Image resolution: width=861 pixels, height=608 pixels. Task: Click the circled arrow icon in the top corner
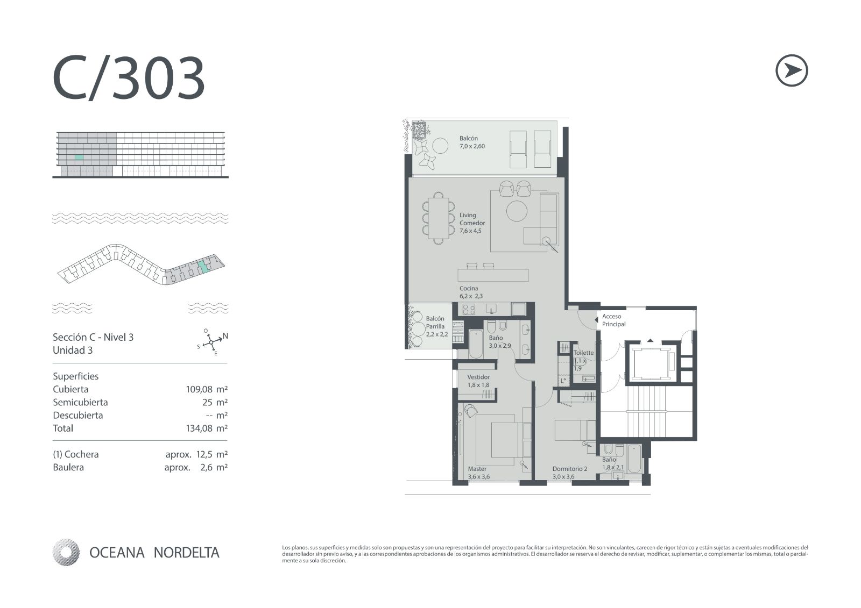click(792, 70)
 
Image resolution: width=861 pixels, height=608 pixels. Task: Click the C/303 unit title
click(129, 77)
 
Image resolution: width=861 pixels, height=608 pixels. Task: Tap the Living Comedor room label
click(472, 223)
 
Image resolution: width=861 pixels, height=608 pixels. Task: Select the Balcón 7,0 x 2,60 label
click(472, 142)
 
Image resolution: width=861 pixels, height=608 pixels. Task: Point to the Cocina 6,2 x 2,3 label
click(471, 292)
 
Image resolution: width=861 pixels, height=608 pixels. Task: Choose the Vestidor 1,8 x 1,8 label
click(478, 381)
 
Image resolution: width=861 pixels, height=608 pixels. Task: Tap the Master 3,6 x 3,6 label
click(478, 473)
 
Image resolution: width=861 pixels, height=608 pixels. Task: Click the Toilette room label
click(583, 353)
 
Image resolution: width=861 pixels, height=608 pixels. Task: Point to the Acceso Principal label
click(613, 320)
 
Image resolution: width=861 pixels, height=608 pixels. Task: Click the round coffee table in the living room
click(517, 211)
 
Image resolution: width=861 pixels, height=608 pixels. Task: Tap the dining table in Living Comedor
click(438, 218)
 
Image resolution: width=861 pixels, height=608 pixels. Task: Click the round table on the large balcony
click(440, 146)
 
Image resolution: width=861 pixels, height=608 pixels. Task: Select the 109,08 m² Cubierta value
click(207, 389)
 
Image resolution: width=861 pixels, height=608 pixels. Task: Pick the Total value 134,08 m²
click(207, 428)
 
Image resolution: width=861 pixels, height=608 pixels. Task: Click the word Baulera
click(68, 467)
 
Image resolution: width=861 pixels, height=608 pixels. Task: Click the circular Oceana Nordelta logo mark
click(66, 552)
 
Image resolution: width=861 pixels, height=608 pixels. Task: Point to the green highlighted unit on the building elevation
click(79, 157)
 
